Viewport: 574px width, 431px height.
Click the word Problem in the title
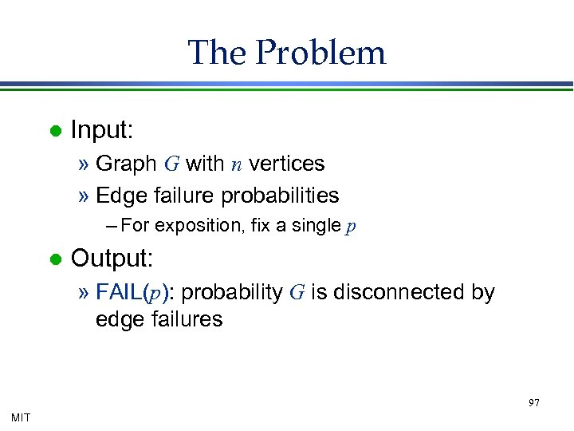pyautogui.click(x=321, y=53)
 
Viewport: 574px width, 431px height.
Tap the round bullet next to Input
pyautogui.click(x=55, y=130)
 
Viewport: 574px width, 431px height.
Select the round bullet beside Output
pyautogui.click(x=55, y=259)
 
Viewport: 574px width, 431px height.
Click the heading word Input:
pyautogui.click(x=102, y=129)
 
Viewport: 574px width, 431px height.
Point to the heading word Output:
pyautogui.click(x=112, y=259)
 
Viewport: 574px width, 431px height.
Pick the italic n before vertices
pyautogui.click(x=237, y=164)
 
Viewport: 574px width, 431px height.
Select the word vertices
pyautogui.click(x=286, y=164)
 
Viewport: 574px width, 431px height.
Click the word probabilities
pyautogui.click(x=280, y=195)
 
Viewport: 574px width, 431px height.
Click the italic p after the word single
pyautogui.click(x=351, y=227)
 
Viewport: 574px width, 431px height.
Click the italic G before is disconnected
pyautogui.click(x=297, y=293)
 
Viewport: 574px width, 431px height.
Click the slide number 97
pyautogui.click(x=534, y=403)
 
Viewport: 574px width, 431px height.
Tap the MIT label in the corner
pyautogui.click(x=22, y=417)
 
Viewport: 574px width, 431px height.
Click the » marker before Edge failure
pyautogui.click(x=85, y=196)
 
